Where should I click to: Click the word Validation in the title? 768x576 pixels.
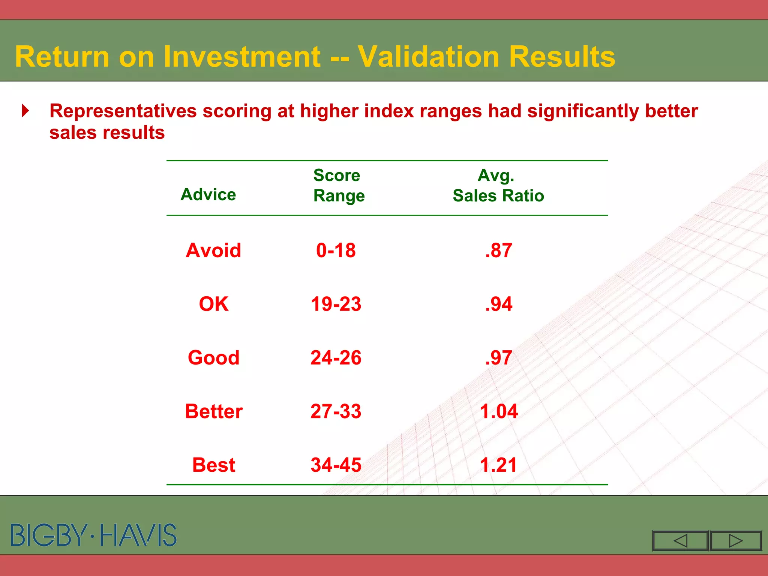pyautogui.click(x=428, y=57)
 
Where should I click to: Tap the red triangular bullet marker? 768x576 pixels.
pyautogui.click(x=25, y=111)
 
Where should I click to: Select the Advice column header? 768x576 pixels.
pyautogui.click(x=208, y=195)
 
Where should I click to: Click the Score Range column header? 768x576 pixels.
pyautogui.click(x=338, y=185)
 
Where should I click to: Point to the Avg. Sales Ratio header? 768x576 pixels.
pyautogui.click(x=498, y=185)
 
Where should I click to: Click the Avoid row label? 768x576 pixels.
pyautogui.click(x=213, y=250)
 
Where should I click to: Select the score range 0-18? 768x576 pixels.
pyautogui.click(x=336, y=250)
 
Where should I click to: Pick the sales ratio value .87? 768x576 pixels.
pyautogui.click(x=498, y=250)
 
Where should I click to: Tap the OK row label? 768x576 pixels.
pyautogui.click(x=213, y=304)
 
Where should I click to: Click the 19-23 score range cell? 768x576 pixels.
pyautogui.click(x=336, y=304)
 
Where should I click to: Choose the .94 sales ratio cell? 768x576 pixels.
pyautogui.click(x=498, y=304)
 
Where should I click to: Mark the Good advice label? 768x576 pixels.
pyautogui.click(x=213, y=358)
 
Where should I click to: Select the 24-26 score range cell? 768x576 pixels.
pyautogui.click(x=336, y=358)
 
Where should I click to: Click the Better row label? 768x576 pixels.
pyautogui.click(x=213, y=411)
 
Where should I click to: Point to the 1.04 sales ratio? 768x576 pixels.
pyautogui.click(x=498, y=411)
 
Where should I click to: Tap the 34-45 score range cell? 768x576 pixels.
pyautogui.click(x=336, y=465)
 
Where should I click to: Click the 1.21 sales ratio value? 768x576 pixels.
pyautogui.click(x=498, y=465)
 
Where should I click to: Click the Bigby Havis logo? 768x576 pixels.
pyautogui.click(x=93, y=535)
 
